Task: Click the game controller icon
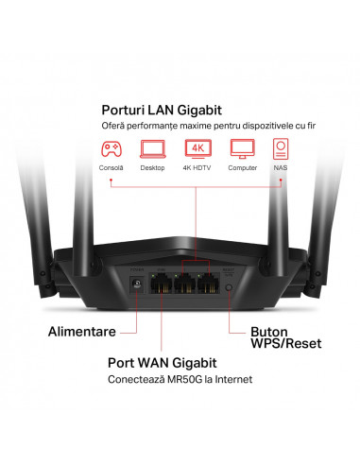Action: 111,148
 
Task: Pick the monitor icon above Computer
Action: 242,148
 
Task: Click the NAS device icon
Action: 282,148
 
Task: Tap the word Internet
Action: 232,380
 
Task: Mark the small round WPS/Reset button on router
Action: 230,284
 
